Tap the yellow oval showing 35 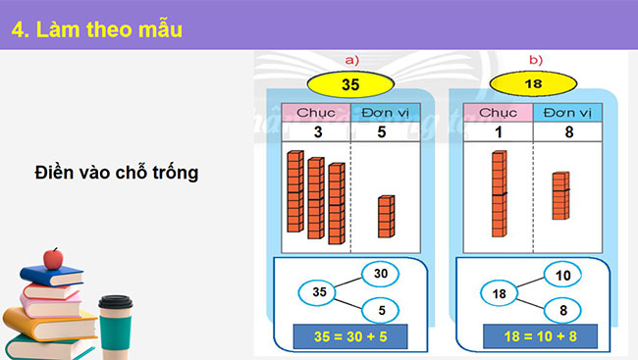click(350, 84)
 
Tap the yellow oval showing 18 click(534, 84)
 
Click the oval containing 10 click(563, 276)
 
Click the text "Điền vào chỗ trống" click(116, 173)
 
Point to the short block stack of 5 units click(386, 216)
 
